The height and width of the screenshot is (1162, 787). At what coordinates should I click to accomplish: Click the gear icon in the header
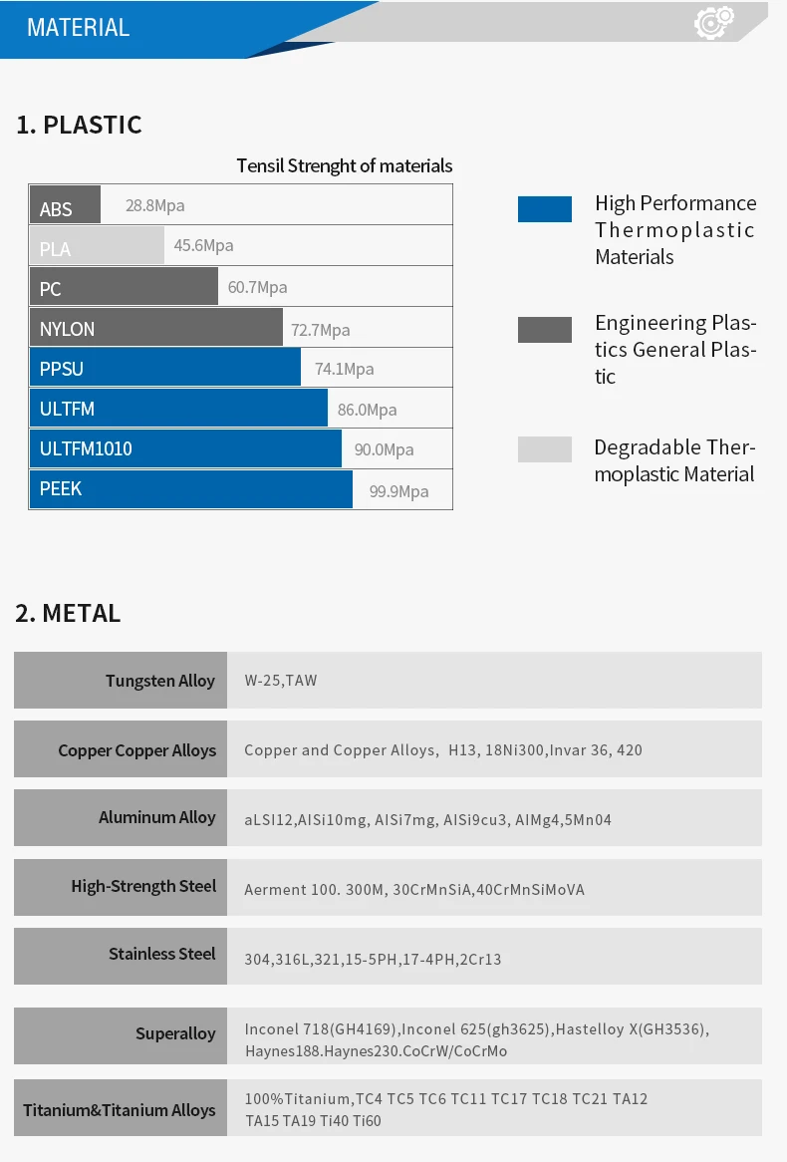pos(714,22)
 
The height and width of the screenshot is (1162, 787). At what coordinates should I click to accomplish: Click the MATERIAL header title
pos(78,28)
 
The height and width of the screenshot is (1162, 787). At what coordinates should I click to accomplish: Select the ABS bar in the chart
pos(65,205)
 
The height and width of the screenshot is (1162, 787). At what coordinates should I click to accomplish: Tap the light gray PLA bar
pos(97,246)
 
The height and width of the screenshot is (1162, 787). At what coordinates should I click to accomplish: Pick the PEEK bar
pos(190,489)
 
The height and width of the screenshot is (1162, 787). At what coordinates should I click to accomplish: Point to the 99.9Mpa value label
pos(398,491)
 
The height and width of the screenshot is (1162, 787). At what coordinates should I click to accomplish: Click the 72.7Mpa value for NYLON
pos(320,330)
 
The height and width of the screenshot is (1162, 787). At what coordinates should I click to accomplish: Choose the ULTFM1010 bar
pos(185,448)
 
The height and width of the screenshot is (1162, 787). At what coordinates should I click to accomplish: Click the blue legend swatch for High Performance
pos(544,209)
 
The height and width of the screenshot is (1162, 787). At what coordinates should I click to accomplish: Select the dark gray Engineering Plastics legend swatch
pos(544,330)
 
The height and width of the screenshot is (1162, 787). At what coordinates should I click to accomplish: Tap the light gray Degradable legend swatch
pos(544,449)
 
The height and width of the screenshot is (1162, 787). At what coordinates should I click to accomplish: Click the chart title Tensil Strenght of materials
pos(344,166)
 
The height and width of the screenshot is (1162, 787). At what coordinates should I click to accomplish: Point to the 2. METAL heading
pos(68,614)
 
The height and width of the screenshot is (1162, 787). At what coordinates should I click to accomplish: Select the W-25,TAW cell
pos(281,682)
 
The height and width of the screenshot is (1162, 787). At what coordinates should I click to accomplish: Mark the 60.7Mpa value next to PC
pos(257,288)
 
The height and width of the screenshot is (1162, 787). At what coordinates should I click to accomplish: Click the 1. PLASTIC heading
pos(79,126)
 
